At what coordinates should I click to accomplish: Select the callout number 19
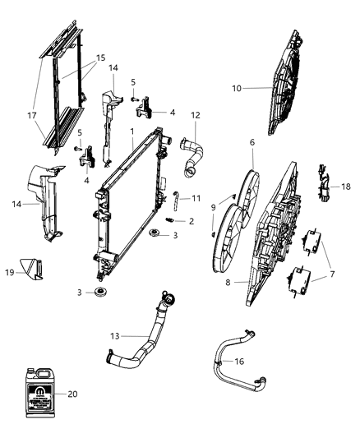pyautogui.click(x=9, y=270)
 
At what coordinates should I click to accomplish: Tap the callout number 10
pyautogui.click(x=238, y=88)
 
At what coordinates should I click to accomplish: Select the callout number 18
pyautogui.click(x=346, y=187)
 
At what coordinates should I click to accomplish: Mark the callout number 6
pyautogui.click(x=252, y=142)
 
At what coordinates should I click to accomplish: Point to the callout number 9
pyautogui.click(x=215, y=207)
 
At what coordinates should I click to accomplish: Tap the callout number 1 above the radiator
pyautogui.click(x=132, y=131)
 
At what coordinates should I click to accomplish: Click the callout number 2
pyautogui.click(x=191, y=221)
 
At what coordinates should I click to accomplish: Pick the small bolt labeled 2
pyautogui.click(x=170, y=219)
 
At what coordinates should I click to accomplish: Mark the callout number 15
pyautogui.click(x=100, y=58)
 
